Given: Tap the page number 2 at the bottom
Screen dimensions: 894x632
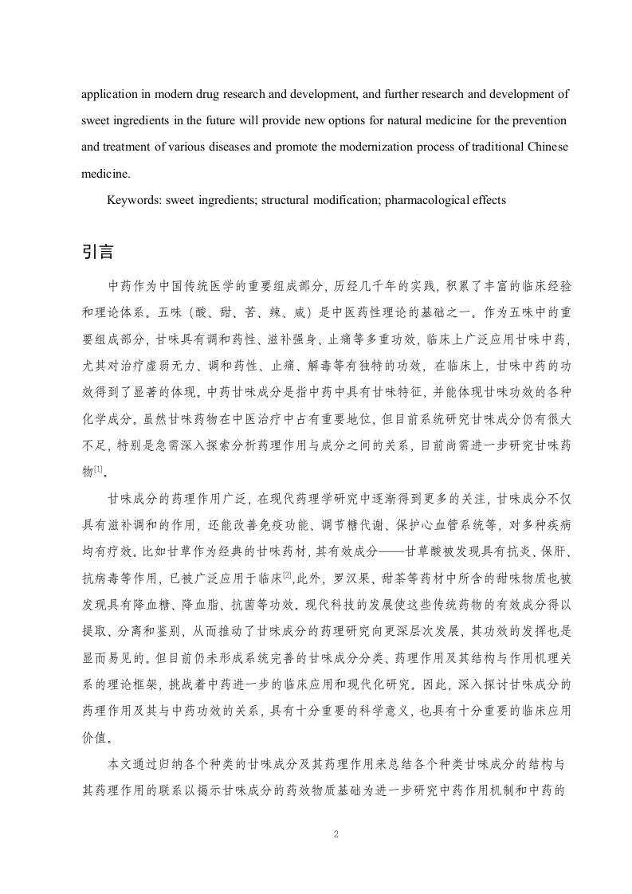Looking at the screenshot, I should pos(336,834).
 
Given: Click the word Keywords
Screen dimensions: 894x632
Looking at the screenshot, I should pos(134,200).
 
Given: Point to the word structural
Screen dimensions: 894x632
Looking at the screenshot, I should pos(283,200).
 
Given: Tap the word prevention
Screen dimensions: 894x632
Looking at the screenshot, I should pos(539,120).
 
